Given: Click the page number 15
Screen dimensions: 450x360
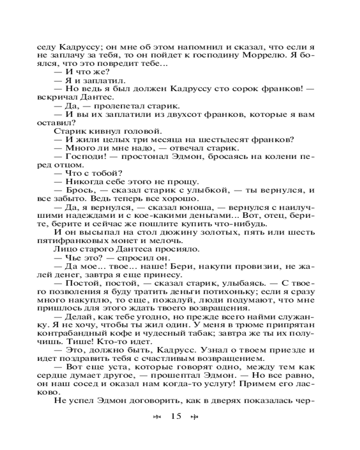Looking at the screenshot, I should click(175, 416).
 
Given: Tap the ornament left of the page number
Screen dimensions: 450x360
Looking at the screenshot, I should click(157, 417).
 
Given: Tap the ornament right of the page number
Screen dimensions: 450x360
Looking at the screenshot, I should click(194, 417).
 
